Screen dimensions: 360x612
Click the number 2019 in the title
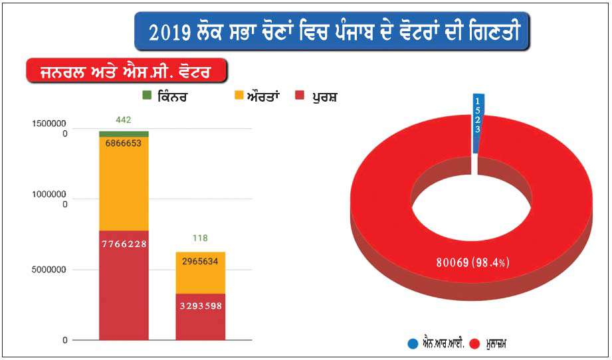coord(170,32)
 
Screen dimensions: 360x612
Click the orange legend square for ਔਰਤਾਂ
coord(239,97)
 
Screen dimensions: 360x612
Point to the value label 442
coord(123,120)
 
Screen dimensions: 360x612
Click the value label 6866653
coord(123,143)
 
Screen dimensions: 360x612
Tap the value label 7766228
coord(123,244)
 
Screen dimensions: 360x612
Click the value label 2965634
coord(201,261)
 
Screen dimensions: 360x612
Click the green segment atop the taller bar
coord(123,134)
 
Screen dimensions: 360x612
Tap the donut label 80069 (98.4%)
coord(473,262)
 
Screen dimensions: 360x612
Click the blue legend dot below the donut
coord(413,343)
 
